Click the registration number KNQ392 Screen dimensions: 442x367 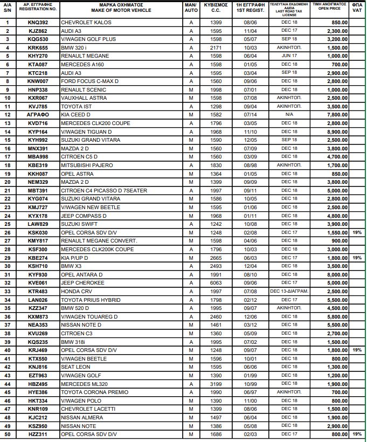(38, 23)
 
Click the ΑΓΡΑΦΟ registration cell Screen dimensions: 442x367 (38, 115)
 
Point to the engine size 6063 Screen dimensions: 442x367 (216, 283)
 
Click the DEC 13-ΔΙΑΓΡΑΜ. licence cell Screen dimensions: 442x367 (289, 292)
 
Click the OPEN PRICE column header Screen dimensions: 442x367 (329, 8)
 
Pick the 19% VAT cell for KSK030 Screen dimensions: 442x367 (357, 232)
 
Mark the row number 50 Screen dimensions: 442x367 (8, 434)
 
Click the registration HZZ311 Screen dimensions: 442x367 (38, 434)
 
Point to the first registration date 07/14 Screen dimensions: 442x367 (251, 115)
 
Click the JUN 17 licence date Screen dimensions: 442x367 (289, 56)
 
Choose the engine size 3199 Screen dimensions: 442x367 (216, 384)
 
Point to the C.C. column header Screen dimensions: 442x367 (216, 10)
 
